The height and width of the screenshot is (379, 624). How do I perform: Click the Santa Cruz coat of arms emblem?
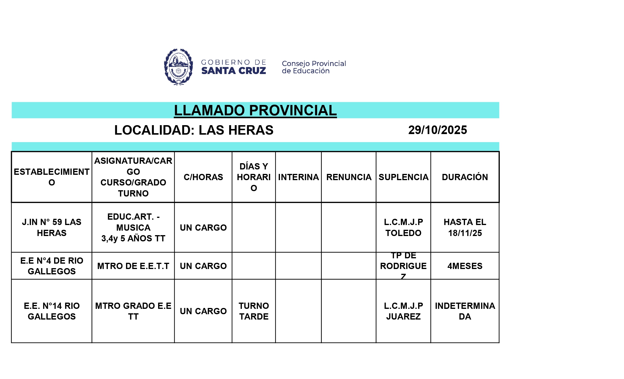click(x=178, y=67)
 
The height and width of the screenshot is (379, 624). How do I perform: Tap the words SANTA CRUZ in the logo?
click(x=234, y=71)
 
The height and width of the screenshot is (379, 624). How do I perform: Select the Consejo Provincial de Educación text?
click(x=313, y=67)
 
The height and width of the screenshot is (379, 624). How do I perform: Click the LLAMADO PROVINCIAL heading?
click(x=255, y=110)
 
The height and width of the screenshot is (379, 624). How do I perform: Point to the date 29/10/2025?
click(x=437, y=130)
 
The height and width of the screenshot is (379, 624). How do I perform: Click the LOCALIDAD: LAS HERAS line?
click(x=194, y=130)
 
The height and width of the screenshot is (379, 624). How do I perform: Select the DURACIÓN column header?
click(x=465, y=177)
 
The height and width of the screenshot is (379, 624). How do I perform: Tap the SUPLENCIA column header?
click(x=403, y=177)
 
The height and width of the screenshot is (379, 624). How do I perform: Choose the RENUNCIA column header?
click(x=349, y=177)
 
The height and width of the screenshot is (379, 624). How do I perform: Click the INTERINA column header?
click(x=298, y=177)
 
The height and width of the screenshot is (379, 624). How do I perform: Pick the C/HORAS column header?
click(x=203, y=177)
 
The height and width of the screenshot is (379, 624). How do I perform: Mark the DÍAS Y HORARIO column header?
click(x=253, y=177)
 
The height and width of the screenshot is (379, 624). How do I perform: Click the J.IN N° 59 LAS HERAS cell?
click(x=52, y=227)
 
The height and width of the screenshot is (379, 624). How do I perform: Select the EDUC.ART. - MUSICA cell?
click(x=133, y=227)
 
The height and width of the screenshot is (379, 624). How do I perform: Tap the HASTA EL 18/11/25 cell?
click(x=465, y=227)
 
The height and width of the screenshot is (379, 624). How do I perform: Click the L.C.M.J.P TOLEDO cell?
click(x=403, y=227)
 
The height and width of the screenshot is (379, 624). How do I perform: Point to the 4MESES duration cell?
click(x=465, y=266)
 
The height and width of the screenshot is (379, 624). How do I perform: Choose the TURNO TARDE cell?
click(x=253, y=311)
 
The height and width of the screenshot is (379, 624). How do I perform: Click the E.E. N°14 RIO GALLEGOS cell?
click(x=52, y=311)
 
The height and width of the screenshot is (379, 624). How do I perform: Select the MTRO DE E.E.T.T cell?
click(x=133, y=266)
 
